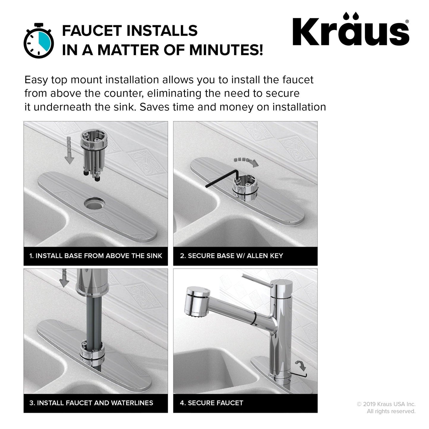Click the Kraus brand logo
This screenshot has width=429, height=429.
tap(351, 29)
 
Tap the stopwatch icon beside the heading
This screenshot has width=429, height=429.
tap(39, 41)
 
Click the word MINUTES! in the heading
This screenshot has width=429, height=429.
tap(226, 50)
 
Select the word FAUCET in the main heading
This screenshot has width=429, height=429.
tap(92, 31)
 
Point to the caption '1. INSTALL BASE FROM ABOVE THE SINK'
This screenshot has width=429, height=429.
tap(96, 256)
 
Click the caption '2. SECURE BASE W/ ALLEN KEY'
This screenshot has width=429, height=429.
tap(232, 256)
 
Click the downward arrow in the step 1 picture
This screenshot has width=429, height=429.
tap(69, 151)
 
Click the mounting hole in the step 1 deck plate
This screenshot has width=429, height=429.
tap(95, 203)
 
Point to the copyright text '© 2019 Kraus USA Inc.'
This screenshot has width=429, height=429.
tap(386, 404)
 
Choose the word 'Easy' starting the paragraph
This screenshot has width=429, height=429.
tap(36, 80)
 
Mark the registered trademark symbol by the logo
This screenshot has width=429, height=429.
tap(407, 21)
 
